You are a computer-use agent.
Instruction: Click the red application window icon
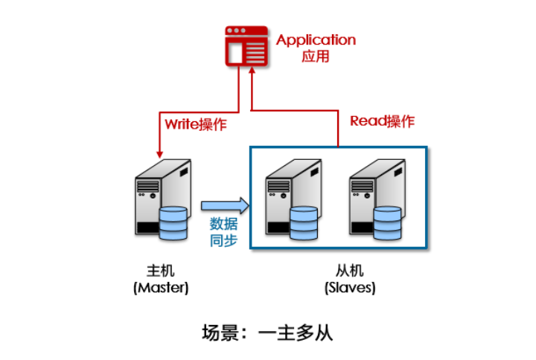point(246,45)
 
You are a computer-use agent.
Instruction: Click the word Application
point(316,40)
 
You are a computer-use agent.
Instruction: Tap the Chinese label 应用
point(316,57)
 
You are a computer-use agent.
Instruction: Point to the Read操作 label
point(382,121)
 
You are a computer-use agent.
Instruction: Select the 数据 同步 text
point(223,231)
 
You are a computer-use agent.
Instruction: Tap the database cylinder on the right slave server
point(388,225)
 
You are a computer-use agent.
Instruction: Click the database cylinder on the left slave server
point(304,225)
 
